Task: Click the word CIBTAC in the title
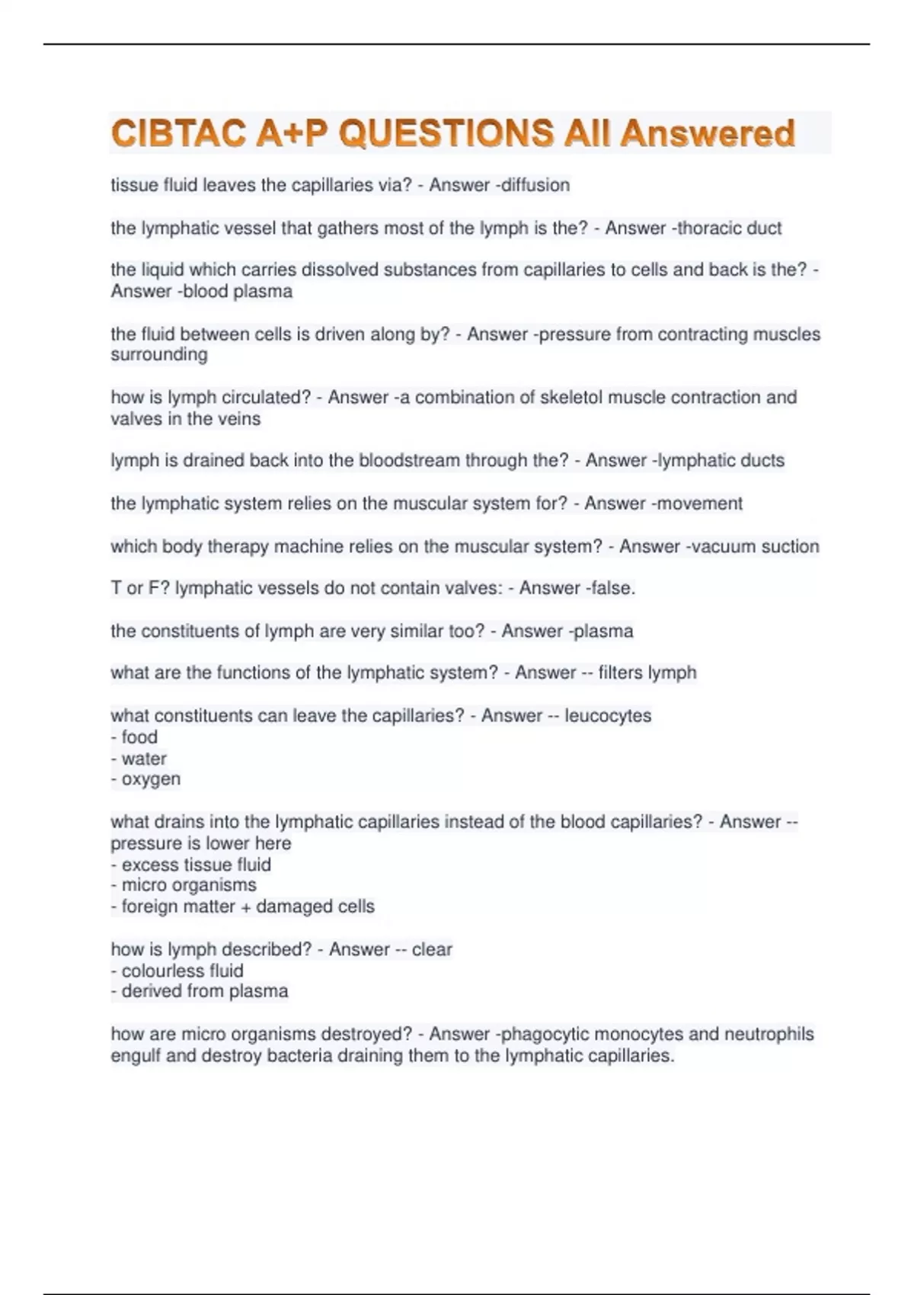click(x=178, y=134)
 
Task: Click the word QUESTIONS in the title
click(x=446, y=134)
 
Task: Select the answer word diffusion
click(x=536, y=185)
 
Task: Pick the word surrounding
click(x=159, y=354)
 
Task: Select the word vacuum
click(x=718, y=546)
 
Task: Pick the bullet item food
click(x=139, y=737)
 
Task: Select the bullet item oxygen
click(x=151, y=779)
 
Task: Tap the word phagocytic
click(x=543, y=1034)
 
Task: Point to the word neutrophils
click(x=769, y=1034)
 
